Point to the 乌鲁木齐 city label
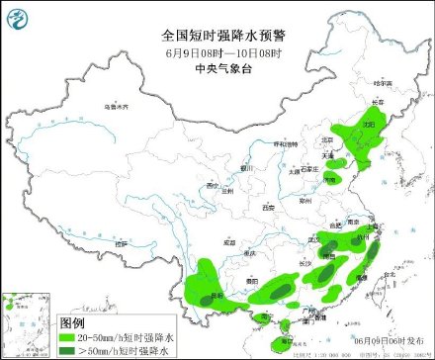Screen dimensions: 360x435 tap(116, 105)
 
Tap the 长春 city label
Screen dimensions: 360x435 tap(377, 103)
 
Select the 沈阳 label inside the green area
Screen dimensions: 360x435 tap(368, 126)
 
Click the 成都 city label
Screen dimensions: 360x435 tap(230, 241)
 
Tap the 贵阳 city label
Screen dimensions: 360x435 tap(254, 281)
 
